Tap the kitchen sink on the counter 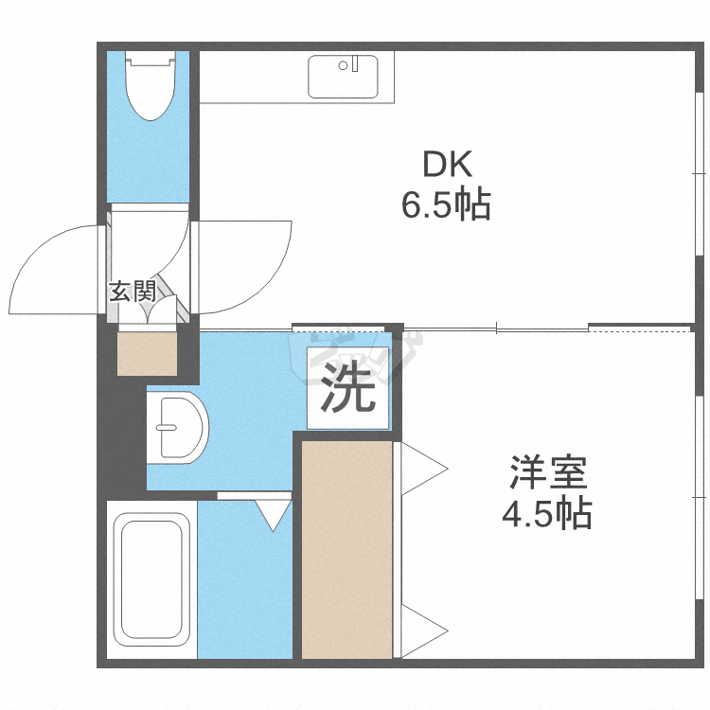[x=343, y=76]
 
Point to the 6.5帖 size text [x=446, y=204]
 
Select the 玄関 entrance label [x=132, y=291]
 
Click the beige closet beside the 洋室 [x=346, y=549]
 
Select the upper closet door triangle [x=421, y=467]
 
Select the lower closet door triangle [x=421, y=629]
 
